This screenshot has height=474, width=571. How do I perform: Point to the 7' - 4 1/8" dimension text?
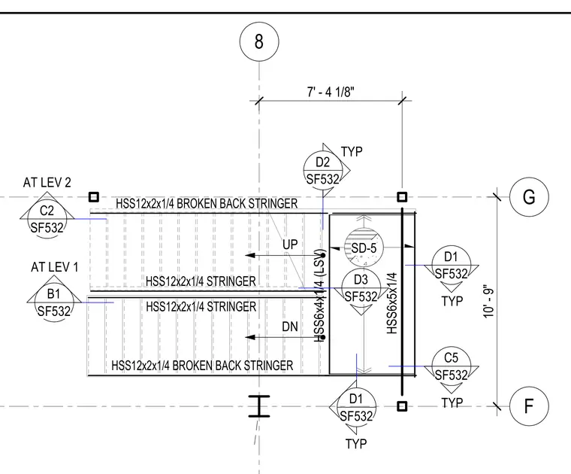point(331,92)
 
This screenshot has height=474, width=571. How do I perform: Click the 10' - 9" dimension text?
point(488,302)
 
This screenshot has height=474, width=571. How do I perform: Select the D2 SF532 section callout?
point(322,170)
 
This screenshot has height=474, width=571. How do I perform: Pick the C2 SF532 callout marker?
point(47,219)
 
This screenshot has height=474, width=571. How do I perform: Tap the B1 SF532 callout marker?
point(54,302)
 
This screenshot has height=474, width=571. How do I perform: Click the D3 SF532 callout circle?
point(361,288)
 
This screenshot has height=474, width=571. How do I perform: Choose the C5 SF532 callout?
point(452,366)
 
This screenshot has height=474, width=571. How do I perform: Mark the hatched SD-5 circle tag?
point(364,248)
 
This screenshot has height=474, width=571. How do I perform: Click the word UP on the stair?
point(290,245)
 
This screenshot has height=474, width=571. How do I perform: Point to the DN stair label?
point(290,327)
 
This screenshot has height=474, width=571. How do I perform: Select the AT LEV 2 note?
point(47,182)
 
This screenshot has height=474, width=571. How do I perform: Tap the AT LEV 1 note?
point(55,267)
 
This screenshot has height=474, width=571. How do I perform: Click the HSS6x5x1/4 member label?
point(391,303)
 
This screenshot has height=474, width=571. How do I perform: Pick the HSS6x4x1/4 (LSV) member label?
point(319,296)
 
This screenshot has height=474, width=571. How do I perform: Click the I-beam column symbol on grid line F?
point(259,406)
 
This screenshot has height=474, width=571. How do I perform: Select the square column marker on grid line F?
point(402,406)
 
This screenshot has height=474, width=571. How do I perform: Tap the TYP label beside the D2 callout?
point(352,151)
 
